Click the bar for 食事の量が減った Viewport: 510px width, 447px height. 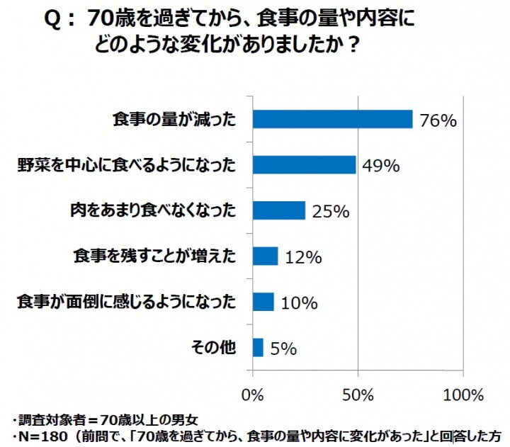tap(332, 119)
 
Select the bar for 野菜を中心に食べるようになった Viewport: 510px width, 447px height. tap(304, 164)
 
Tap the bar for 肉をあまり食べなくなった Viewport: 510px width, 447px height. tap(278, 210)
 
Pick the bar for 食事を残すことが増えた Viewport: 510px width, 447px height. tap(265, 256)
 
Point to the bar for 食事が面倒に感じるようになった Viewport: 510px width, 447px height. tap(263, 302)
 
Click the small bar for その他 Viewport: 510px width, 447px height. tap(258, 347)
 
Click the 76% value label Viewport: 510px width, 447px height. tap(438, 120)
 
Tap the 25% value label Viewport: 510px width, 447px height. tap(330, 212)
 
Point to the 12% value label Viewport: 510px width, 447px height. tap(303, 257)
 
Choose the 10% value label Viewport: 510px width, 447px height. tap(300, 303)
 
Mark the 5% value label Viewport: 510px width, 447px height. tap(283, 349)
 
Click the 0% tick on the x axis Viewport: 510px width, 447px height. tap(252, 394)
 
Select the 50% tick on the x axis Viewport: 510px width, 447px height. tap(358, 394)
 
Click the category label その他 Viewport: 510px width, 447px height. tap(213, 347)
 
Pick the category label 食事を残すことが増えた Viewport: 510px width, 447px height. tap(154, 256)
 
